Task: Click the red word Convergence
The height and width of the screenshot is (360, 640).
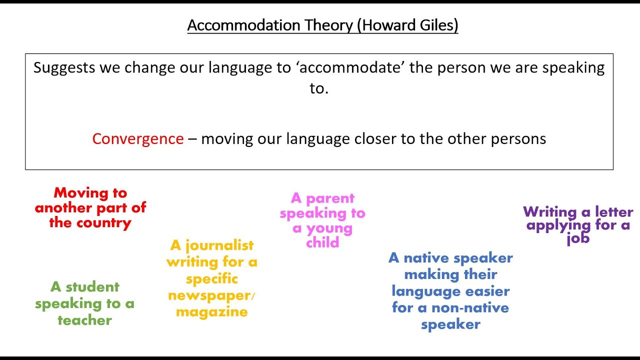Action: [x=138, y=138]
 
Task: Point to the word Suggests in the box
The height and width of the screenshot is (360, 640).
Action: [x=64, y=67]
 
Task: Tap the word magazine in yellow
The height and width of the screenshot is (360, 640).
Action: [x=212, y=312]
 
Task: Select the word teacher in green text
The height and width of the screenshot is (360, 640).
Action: [x=84, y=320]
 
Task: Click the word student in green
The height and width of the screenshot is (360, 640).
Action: [x=92, y=287]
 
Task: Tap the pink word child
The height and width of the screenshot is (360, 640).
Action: [x=323, y=242]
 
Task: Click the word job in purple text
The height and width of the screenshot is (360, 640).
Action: [x=578, y=238]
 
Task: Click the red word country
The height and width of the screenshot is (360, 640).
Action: [x=102, y=222]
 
